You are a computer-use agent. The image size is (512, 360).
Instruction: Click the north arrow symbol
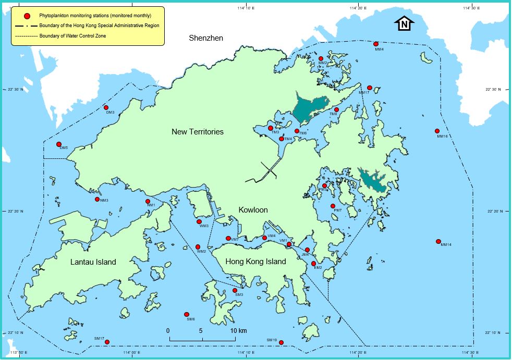(x=405, y=23)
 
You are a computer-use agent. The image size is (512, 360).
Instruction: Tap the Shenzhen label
(x=206, y=38)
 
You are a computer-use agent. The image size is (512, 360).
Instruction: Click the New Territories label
(x=198, y=132)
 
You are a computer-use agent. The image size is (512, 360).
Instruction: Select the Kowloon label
(x=253, y=210)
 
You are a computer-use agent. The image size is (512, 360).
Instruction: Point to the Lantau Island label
(x=93, y=262)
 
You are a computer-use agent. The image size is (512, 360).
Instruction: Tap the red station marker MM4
(x=376, y=44)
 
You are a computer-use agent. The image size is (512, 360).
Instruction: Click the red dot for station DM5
(x=59, y=144)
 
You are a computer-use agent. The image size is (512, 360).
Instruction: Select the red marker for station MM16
(x=437, y=131)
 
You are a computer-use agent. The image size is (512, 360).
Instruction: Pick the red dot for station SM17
(x=107, y=342)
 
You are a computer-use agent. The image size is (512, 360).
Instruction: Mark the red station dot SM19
(x=282, y=342)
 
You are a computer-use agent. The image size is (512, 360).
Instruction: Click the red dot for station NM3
(x=97, y=199)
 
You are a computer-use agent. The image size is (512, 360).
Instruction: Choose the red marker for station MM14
(x=439, y=240)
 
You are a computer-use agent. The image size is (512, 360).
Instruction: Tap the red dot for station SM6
(x=186, y=314)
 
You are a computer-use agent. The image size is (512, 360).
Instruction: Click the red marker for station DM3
(x=106, y=107)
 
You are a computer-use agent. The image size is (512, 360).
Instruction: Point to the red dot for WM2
(x=198, y=247)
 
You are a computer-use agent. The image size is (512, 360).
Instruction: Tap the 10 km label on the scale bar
(x=238, y=331)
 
